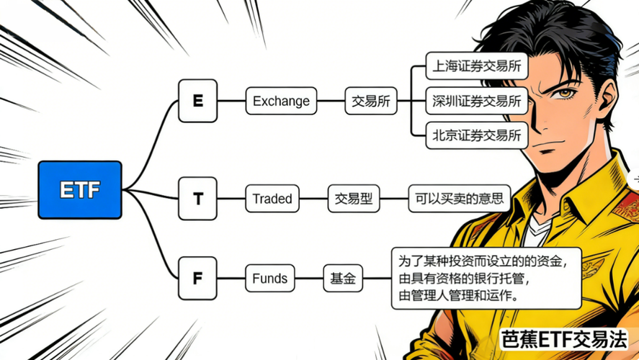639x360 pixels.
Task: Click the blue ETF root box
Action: tap(80, 190)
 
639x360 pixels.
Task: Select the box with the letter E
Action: tap(197, 101)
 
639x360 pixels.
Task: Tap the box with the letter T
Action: tap(197, 199)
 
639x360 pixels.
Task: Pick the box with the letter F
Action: tap(197, 277)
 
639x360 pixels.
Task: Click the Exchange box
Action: tap(281, 102)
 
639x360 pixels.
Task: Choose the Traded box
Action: tap(272, 199)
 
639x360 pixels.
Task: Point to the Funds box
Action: tap(270, 278)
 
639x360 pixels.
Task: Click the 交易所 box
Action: tap(371, 102)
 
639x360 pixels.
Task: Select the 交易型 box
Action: tap(354, 199)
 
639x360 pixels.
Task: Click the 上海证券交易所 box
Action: tap(477, 68)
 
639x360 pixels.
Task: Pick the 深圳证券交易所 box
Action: tap(477, 102)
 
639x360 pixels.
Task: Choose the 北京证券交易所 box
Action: tap(477, 135)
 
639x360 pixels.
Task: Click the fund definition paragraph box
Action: tap(486, 277)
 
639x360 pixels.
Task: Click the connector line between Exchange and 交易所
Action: tap(331, 102)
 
